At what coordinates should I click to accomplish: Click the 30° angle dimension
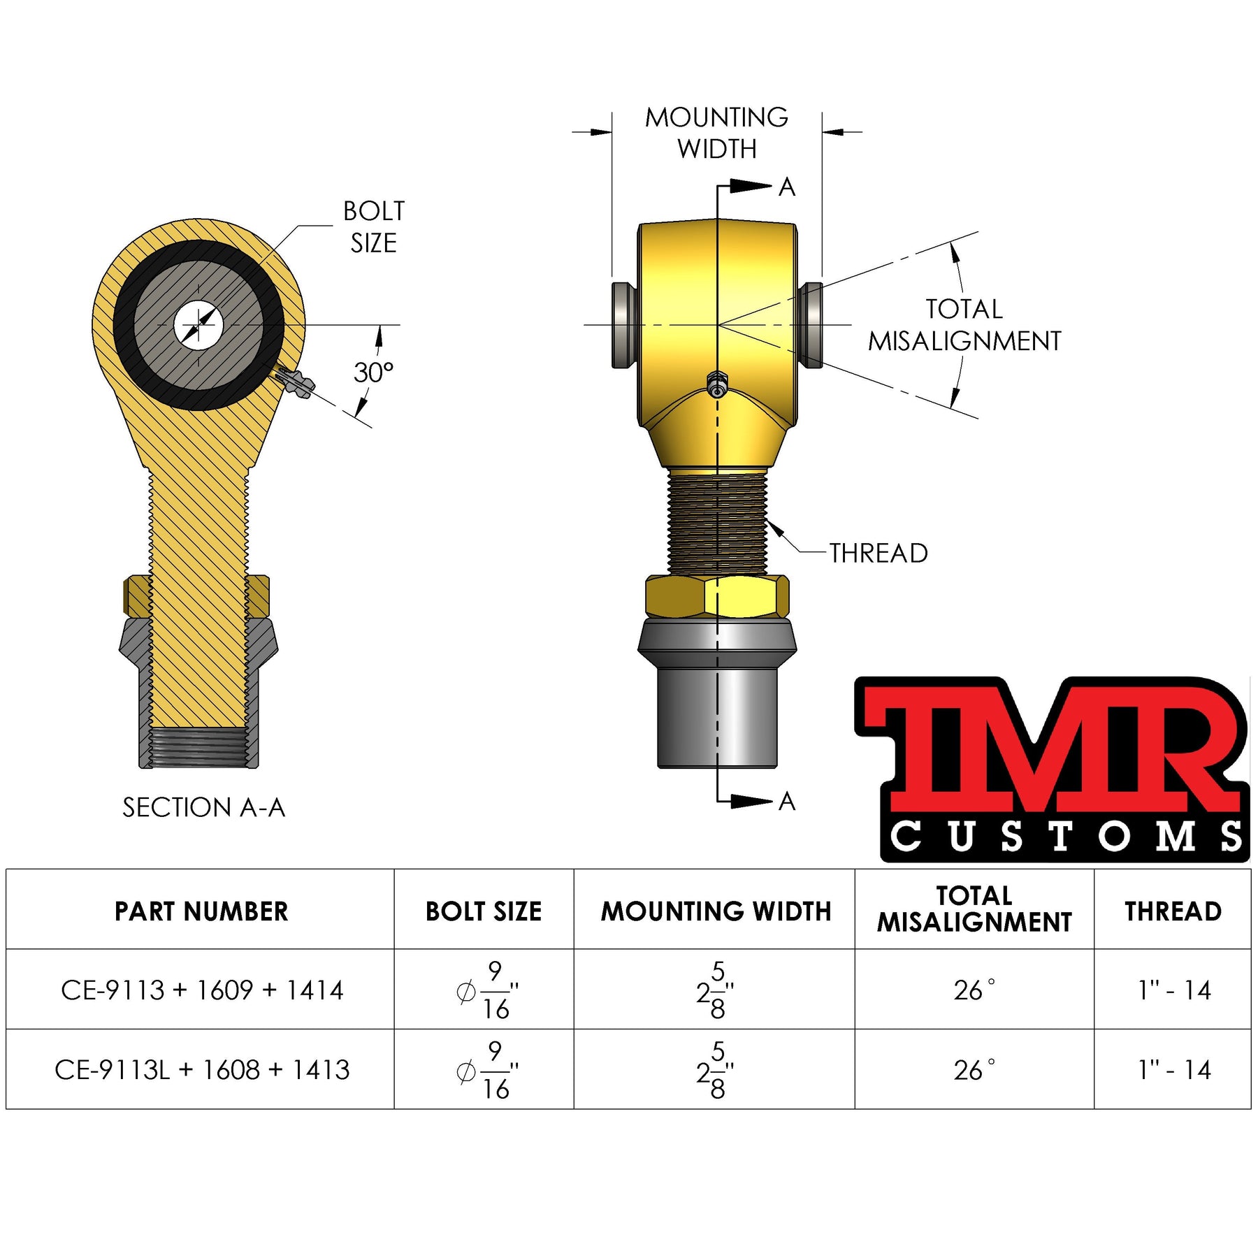pyautogui.click(x=373, y=373)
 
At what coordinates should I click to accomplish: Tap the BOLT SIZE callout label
pyautogui.click(x=374, y=227)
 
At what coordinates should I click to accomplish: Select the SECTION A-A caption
pyautogui.click(x=203, y=808)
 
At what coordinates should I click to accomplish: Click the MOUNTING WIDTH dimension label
pyautogui.click(x=716, y=133)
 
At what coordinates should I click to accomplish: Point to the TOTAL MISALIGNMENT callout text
pyautogui.click(x=964, y=325)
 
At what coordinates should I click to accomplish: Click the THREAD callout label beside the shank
pyautogui.click(x=879, y=554)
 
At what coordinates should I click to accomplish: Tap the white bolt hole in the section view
pyautogui.click(x=198, y=325)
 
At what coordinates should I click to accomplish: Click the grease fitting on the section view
pyautogui.click(x=296, y=383)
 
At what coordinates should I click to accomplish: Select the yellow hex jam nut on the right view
pyautogui.click(x=718, y=596)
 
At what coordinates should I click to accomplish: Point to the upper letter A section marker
pyautogui.click(x=787, y=187)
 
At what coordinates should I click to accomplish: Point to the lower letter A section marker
pyautogui.click(x=787, y=802)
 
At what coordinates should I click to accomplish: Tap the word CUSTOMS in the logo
pyautogui.click(x=1066, y=837)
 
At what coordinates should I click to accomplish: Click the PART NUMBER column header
pyautogui.click(x=201, y=911)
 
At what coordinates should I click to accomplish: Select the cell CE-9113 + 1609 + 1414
pyautogui.click(x=202, y=990)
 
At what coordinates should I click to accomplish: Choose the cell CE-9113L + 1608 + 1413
pyautogui.click(x=202, y=1070)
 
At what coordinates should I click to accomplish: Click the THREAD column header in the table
pyautogui.click(x=1173, y=911)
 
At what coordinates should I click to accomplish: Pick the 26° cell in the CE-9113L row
pyautogui.click(x=974, y=1070)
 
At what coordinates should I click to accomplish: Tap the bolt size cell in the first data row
pyautogui.click(x=486, y=990)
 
